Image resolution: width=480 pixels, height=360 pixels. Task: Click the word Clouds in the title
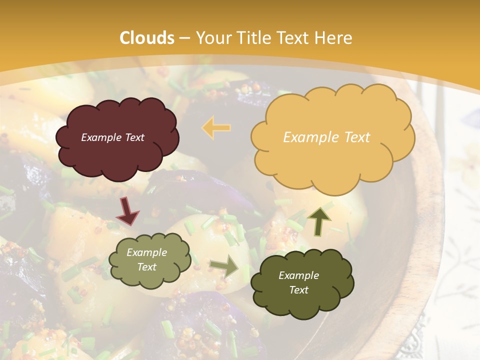(146, 38)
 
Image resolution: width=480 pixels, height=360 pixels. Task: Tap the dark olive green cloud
(301, 282)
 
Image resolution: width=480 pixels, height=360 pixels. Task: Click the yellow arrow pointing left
(216, 127)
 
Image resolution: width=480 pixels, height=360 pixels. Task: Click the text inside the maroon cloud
(112, 137)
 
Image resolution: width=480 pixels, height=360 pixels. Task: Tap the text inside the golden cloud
(326, 137)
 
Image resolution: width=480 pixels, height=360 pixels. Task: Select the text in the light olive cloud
(146, 260)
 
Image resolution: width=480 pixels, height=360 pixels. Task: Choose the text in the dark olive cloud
(298, 282)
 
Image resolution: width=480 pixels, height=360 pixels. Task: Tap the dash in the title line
(184, 38)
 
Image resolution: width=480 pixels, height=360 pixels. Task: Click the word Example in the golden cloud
(306, 137)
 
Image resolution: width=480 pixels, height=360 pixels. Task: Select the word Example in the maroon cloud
(99, 137)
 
